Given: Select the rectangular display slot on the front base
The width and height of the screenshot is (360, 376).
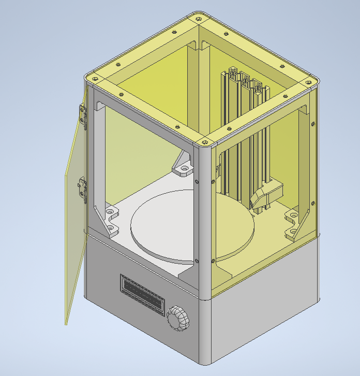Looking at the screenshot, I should click(142, 293).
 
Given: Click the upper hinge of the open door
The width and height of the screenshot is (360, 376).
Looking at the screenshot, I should click(82, 115).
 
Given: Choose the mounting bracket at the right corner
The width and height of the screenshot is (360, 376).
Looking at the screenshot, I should click(293, 223).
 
